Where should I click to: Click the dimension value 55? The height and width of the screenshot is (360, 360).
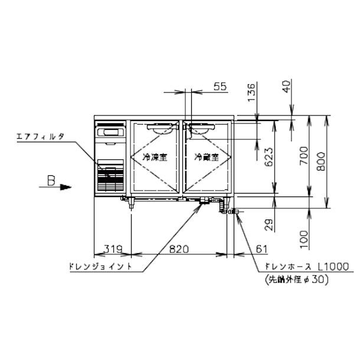220,87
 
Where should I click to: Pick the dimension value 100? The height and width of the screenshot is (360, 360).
302,237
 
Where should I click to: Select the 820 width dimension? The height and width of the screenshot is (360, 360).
178,250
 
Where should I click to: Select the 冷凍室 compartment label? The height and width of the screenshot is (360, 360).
155,158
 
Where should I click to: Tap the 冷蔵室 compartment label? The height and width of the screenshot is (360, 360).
207,158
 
